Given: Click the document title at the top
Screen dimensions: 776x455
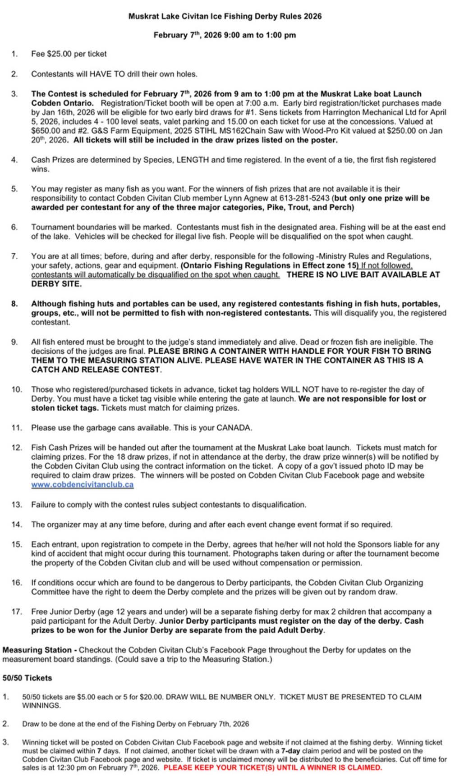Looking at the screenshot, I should pos(225,17).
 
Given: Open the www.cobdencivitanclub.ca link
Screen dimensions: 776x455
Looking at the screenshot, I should pos(82,485).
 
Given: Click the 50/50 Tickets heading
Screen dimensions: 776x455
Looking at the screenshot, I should pos(27,678).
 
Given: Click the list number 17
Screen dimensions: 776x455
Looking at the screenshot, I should pos(17,612).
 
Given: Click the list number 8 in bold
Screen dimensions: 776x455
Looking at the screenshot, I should pos(15,304).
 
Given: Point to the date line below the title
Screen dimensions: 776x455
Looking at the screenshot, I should pos(225,35).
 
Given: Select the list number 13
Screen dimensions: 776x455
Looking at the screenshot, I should pos(17,505).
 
